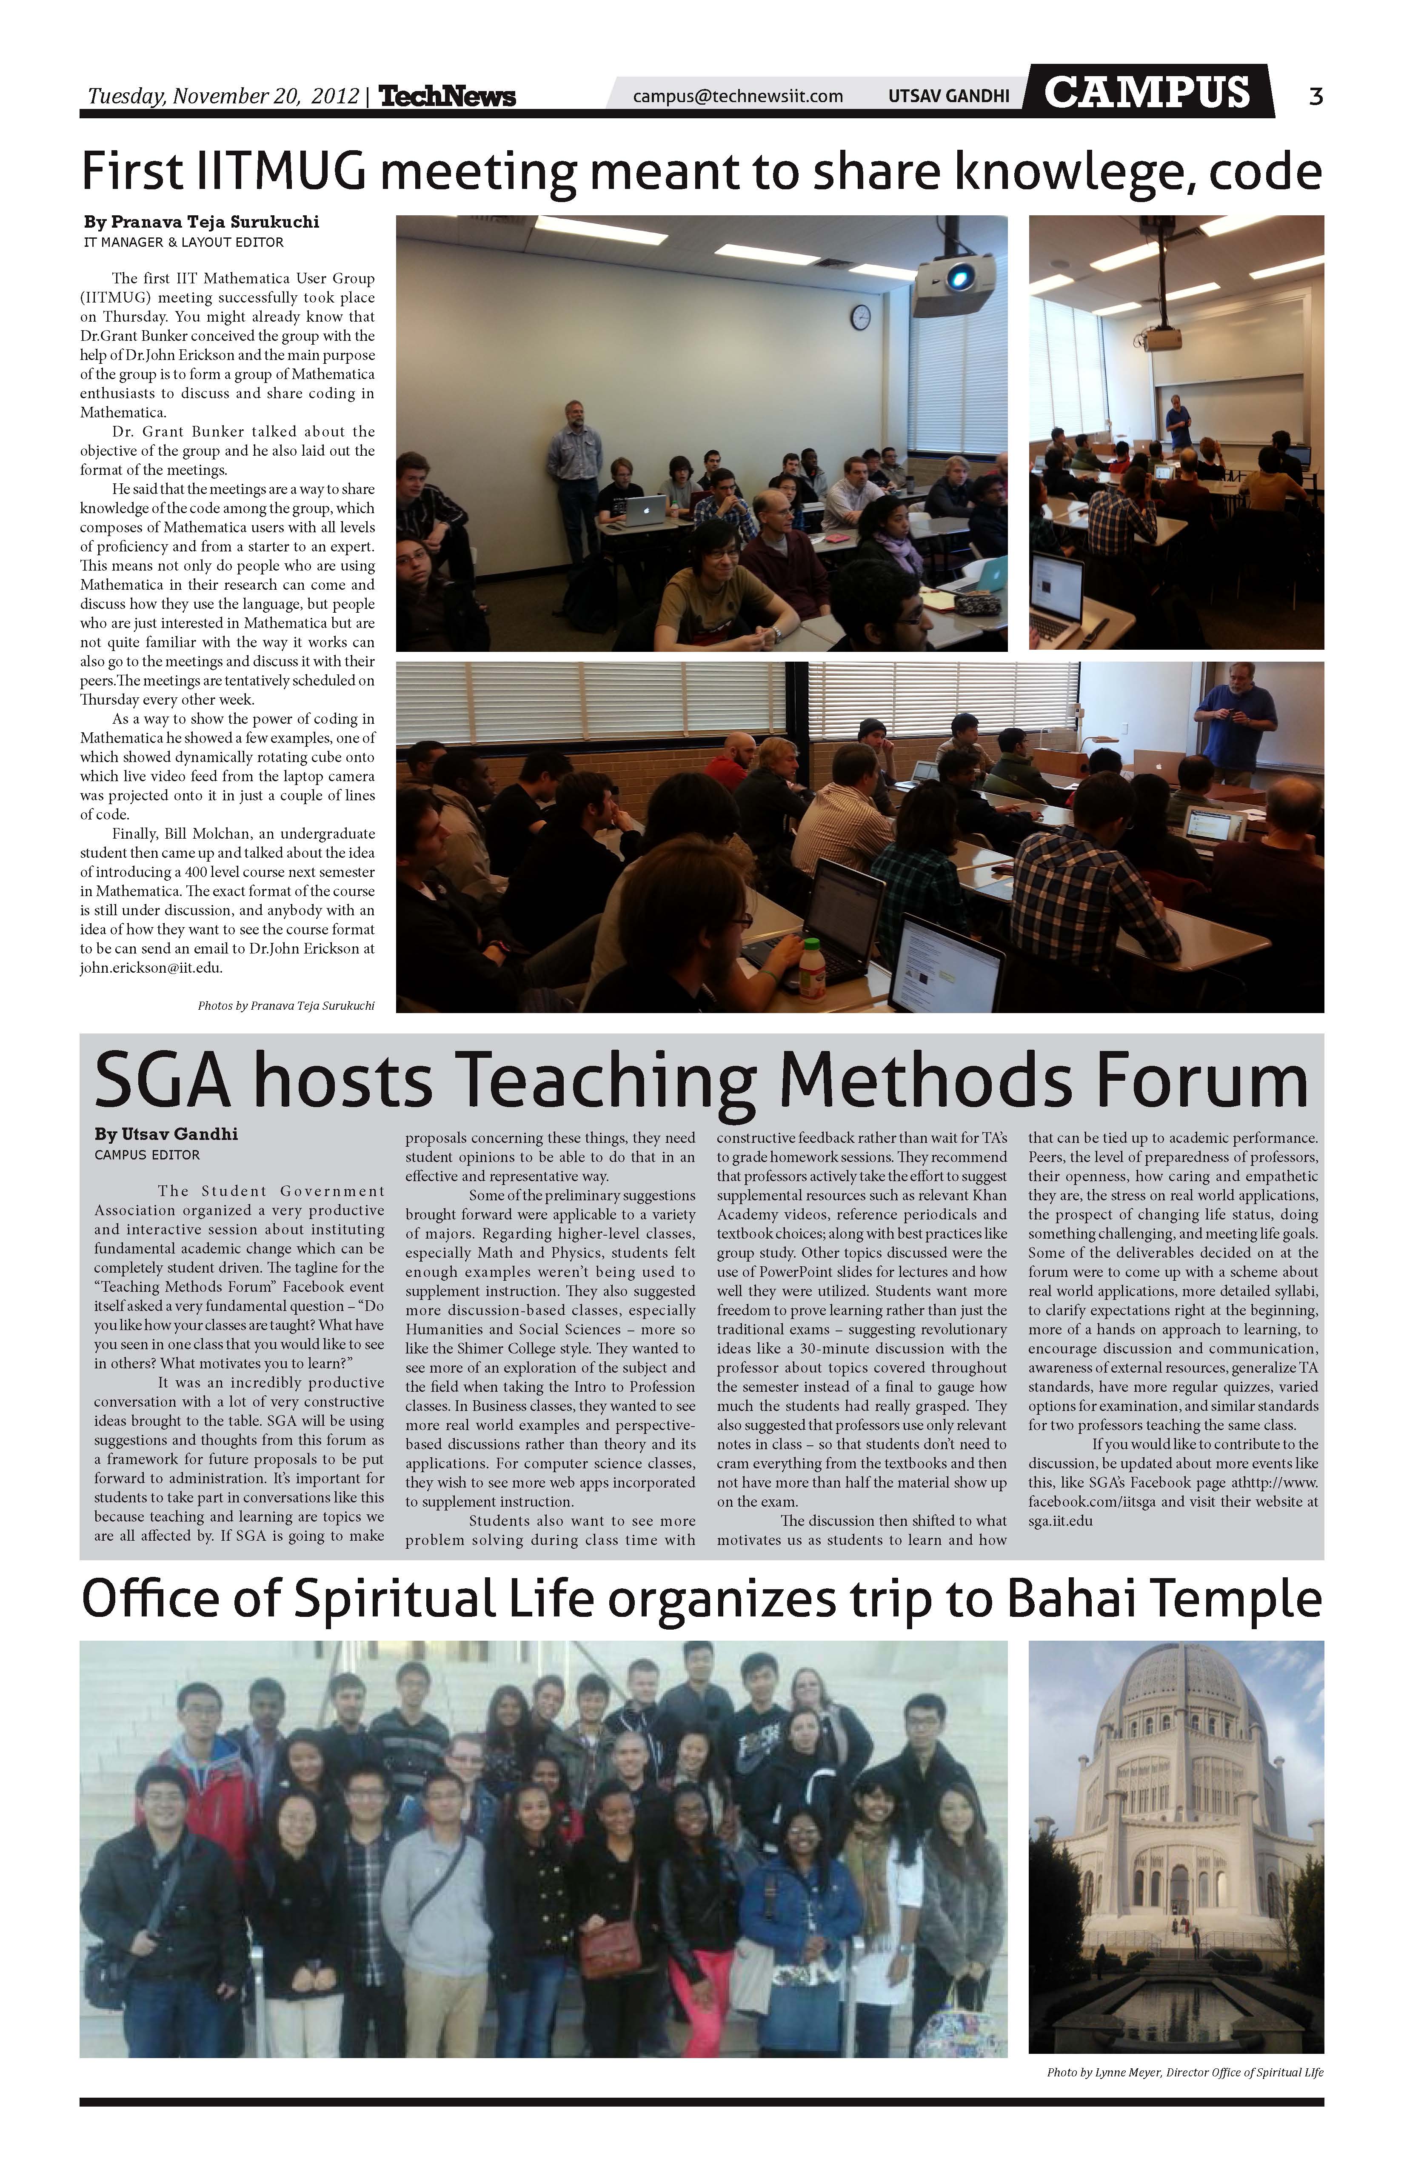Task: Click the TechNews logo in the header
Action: (447, 96)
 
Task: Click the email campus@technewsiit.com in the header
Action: (738, 96)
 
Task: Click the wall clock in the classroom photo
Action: (861, 317)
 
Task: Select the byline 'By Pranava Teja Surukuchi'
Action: (202, 222)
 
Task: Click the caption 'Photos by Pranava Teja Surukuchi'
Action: (285, 1006)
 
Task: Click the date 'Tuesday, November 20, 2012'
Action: (223, 96)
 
